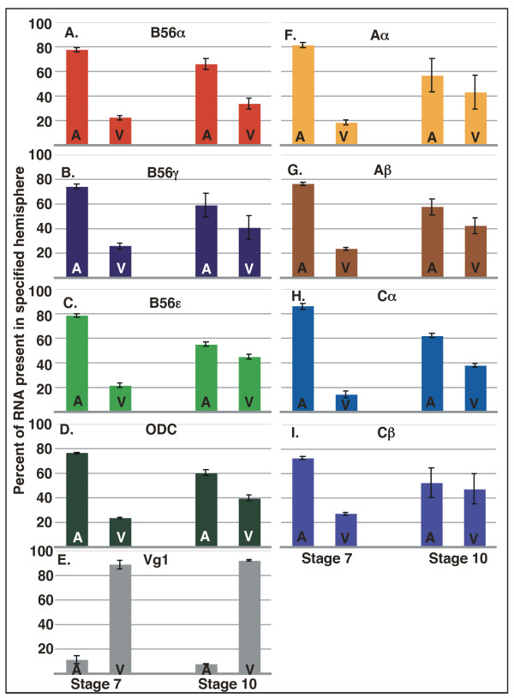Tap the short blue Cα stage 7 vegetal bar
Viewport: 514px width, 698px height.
pos(345,402)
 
